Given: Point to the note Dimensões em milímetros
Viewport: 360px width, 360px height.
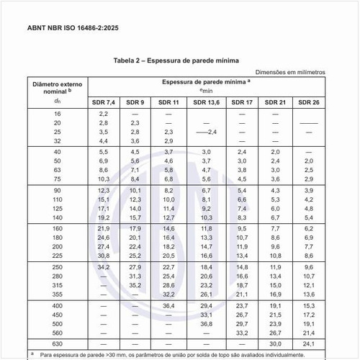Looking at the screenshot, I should click(x=291, y=73).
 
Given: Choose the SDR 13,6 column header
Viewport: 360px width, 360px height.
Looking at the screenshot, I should click(x=205, y=103).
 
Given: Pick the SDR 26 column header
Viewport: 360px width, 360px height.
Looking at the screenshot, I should click(x=309, y=103).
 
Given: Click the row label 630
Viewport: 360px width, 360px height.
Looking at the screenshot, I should click(x=58, y=343).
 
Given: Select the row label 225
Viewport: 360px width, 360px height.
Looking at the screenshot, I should click(x=58, y=255).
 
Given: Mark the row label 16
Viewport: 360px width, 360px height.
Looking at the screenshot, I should click(x=58, y=114).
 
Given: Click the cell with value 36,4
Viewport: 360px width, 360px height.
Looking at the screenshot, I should click(x=169, y=305).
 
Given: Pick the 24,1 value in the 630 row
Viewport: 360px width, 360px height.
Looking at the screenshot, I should click(x=309, y=343).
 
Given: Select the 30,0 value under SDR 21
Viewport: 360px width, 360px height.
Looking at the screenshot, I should click(x=274, y=343).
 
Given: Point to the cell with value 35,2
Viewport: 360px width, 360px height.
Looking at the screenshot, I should click(x=135, y=284).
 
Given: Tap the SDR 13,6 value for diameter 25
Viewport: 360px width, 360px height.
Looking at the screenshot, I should click(x=206, y=132).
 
